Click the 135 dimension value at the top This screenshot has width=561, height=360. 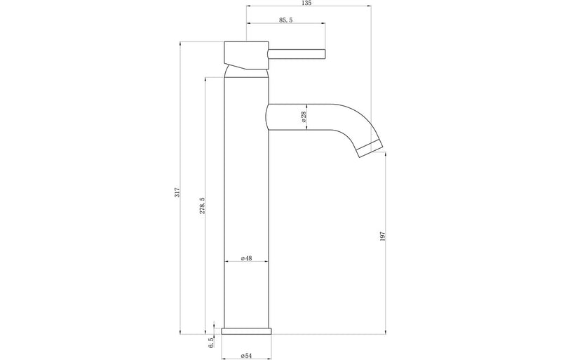[307, 4]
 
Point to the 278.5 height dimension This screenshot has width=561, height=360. [202, 206]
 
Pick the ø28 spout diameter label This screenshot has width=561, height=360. [303, 117]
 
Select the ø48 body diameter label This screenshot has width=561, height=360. [245, 258]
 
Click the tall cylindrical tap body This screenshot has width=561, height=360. [245, 196]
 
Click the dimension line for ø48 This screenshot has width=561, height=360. [245, 262]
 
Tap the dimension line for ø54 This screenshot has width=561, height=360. [245, 349]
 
